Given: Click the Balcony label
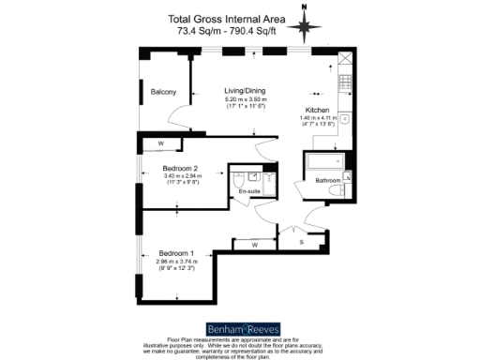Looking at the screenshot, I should click(164, 91).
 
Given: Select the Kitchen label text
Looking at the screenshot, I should click(317, 108).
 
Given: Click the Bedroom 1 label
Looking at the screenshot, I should click(177, 254).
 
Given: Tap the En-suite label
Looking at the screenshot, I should click(250, 191).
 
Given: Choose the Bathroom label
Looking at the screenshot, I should click(327, 179).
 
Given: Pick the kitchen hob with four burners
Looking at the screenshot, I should click(344, 83).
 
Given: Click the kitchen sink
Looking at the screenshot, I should click(345, 119).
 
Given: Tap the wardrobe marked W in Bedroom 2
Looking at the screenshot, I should click(161, 142).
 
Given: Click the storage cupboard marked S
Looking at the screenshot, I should click(301, 242).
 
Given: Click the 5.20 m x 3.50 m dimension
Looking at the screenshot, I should click(246, 98).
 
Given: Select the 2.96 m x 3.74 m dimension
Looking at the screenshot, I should click(177, 263).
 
